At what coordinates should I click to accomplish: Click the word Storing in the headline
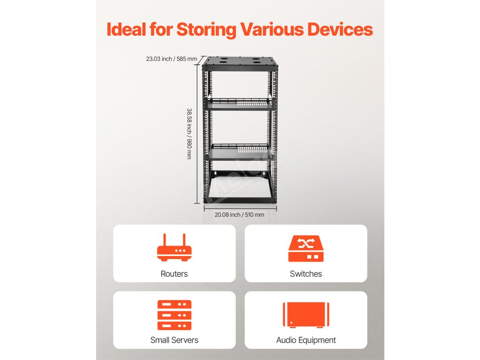[206, 30]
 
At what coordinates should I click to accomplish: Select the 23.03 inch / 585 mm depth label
[172, 59]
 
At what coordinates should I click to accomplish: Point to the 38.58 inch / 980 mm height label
[189, 134]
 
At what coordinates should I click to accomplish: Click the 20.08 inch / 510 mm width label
[239, 215]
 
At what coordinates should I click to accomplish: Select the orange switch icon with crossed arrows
[306, 248]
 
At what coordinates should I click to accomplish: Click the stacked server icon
[174, 315]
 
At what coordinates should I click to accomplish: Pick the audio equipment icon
[306, 315]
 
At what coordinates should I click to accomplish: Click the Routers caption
[174, 274]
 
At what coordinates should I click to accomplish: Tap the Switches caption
[306, 274]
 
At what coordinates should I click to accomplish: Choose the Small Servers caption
[174, 340]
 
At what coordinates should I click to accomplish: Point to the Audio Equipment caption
[306, 340]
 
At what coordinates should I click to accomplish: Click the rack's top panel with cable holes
[240, 61]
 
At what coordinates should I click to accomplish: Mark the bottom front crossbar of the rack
[240, 200]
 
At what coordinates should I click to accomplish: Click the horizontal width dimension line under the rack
[240, 208]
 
